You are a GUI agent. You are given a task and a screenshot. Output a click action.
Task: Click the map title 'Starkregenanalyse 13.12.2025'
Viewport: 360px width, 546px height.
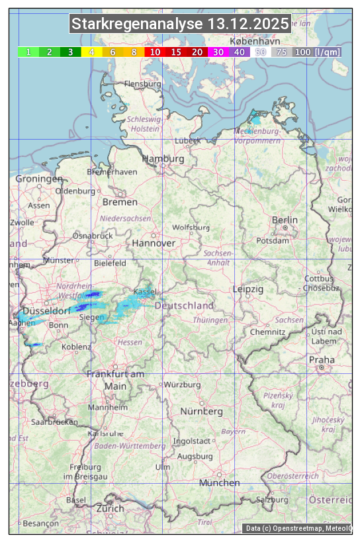coord(180,24)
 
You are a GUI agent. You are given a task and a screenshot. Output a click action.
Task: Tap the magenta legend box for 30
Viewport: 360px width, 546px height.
coord(218,52)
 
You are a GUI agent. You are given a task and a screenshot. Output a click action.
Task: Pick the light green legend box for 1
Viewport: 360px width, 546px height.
coord(28,52)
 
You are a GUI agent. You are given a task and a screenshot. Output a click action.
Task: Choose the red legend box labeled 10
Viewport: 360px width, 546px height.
coord(155,52)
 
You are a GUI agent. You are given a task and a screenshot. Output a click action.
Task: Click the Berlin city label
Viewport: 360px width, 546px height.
coord(285,220)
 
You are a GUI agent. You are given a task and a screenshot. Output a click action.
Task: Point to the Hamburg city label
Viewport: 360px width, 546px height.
coord(163,159)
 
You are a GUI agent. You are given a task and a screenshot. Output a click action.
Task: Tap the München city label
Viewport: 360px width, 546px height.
coord(219,483)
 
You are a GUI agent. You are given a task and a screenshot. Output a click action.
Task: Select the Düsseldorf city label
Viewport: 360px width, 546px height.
coord(46,311)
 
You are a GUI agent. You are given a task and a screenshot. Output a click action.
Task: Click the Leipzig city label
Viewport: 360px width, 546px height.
coord(248,289)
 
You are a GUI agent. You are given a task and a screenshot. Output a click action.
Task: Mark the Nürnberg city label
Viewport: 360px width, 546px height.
coord(201,411)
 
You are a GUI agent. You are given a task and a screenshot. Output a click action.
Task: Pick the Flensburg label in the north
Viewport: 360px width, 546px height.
coord(142,84)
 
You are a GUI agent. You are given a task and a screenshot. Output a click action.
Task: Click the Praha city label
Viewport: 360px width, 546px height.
coord(322,359)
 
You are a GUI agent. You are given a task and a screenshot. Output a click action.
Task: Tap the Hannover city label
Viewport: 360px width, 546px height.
coord(154,243)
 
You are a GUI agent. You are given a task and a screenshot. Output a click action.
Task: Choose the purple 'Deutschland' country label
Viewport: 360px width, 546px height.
coord(184,306)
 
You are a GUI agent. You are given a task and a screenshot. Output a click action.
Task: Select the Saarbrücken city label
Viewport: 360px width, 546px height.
coord(54,421)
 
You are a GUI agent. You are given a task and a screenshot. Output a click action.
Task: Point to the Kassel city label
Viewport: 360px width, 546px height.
coord(145,292)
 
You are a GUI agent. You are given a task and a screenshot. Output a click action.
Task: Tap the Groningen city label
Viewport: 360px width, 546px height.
coord(39,179)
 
